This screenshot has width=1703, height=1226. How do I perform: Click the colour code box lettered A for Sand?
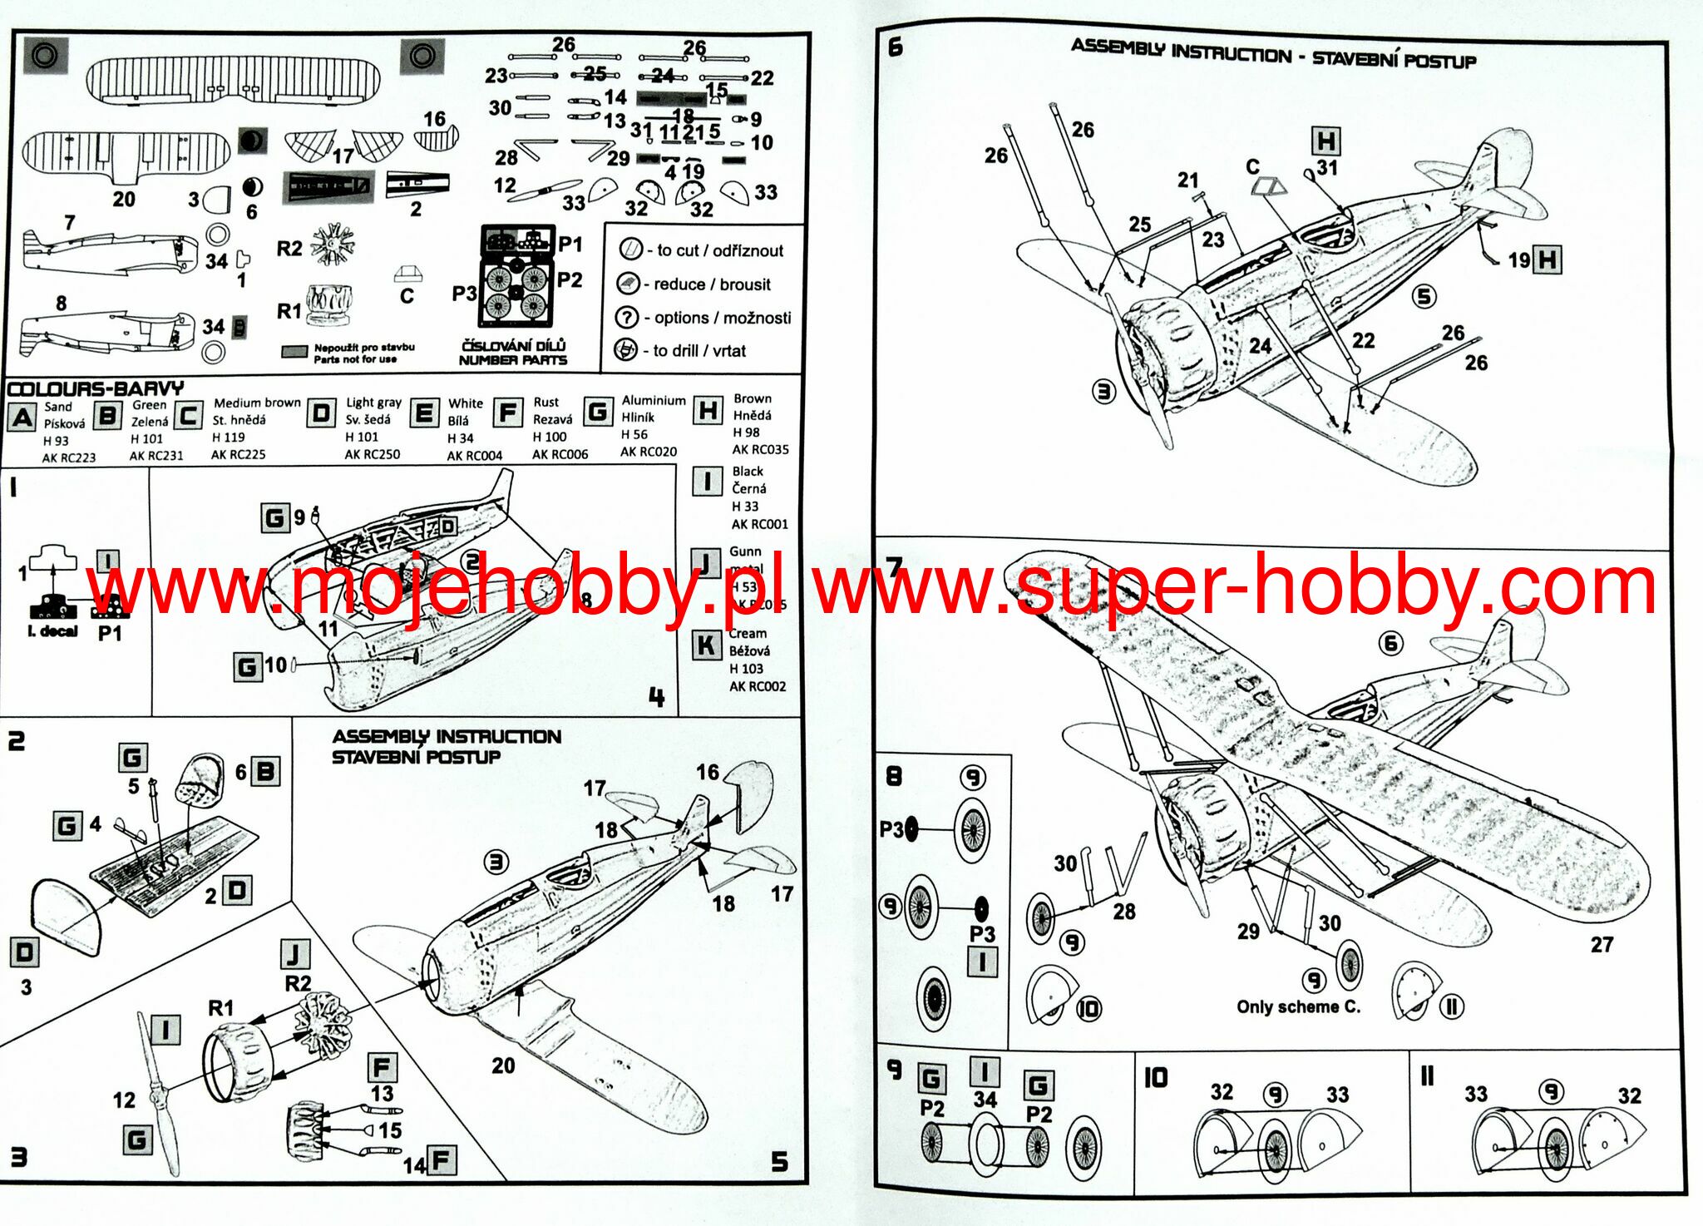pyautogui.click(x=22, y=417)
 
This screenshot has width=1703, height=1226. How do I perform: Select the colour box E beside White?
pyautogui.click(x=424, y=413)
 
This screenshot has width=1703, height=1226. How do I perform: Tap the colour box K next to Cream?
pyautogui.click(x=707, y=645)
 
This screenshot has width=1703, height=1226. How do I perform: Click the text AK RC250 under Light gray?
pyautogui.click(x=372, y=454)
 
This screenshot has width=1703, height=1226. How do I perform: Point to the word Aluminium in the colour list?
pyautogui.click(x=654, y=400)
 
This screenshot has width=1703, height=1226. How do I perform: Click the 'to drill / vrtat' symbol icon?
pyautogui.click(x=625, y=350)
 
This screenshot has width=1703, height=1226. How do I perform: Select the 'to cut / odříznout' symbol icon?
pyautogui.click(x=631, y=249)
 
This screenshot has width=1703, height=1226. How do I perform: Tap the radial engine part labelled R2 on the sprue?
pyautogui.click(x=333, y=245)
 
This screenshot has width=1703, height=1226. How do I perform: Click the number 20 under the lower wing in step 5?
pyautogui.click(x=503, y=1065)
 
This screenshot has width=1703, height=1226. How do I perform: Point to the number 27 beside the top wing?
pyautogui.click(x=1602, y=945)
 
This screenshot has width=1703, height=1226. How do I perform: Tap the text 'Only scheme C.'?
pyautogui.click(x=1298, y=1006)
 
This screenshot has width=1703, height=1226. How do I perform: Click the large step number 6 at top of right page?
pyautogui.click(x=895, y=47)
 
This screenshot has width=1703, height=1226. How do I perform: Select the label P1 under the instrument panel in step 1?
pyautogui.click(x=110, y=633)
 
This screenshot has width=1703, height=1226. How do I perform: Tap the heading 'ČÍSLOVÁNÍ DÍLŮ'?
pyautogui.click(x=513, y=345)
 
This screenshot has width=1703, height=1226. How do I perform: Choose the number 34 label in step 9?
pyautogui.click(x=985, y=1100)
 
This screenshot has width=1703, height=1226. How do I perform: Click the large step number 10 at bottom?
pyautogui.click(x=1155, y=1078)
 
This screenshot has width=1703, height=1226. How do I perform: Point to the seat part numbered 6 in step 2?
pyautogui.click(x=200, y=780)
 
